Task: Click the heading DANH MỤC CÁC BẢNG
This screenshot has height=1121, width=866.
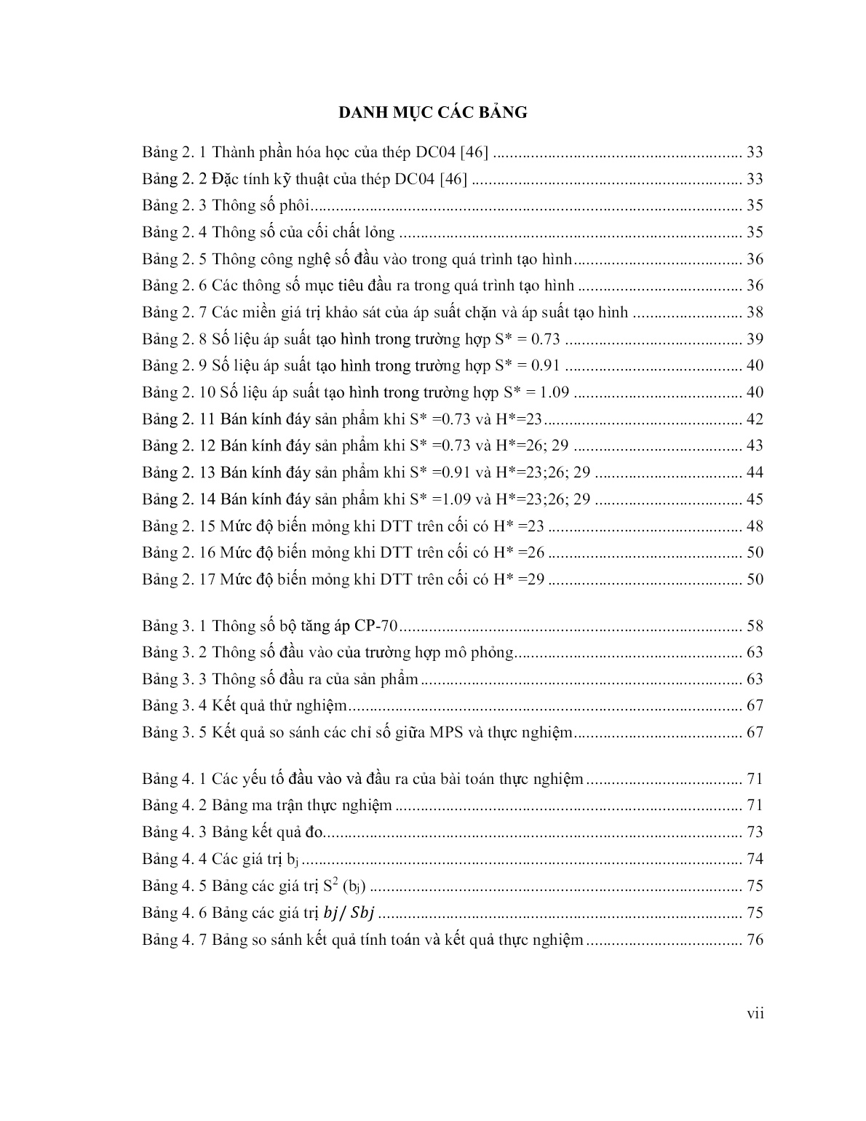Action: click(x=432, y=112)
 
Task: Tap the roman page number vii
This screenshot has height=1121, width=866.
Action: click(x=755, y=1013)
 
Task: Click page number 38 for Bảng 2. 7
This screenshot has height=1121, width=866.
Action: click(x=755, y=312)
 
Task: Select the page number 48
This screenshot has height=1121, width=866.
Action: click(x=755, y=526)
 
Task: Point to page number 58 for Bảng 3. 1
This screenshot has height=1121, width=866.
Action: click(x=755, y=626)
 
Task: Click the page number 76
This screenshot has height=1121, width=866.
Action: click(x=755, y=940)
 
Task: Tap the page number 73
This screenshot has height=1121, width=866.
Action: click(x=755, y=832)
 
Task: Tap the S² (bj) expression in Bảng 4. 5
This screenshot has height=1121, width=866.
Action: click(x=344, y=886)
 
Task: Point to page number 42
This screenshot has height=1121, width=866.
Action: click(x=755, y=419)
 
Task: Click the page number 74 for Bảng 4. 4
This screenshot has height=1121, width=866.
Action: click(x=755, y=859)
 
